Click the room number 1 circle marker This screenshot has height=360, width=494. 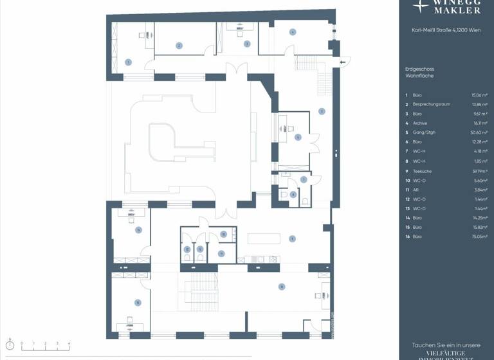coord(128,62)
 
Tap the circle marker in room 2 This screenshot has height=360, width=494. coord(179,45)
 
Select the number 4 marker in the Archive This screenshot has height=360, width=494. coord(292,32)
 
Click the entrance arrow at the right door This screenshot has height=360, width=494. coord(345,61)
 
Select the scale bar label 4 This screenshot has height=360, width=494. coord(69,343)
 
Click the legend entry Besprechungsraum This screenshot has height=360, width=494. coord(432,104)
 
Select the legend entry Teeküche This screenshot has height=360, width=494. coord(423,172)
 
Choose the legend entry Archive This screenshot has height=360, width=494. coord(421,123)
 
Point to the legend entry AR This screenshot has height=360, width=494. coord(416,190)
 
